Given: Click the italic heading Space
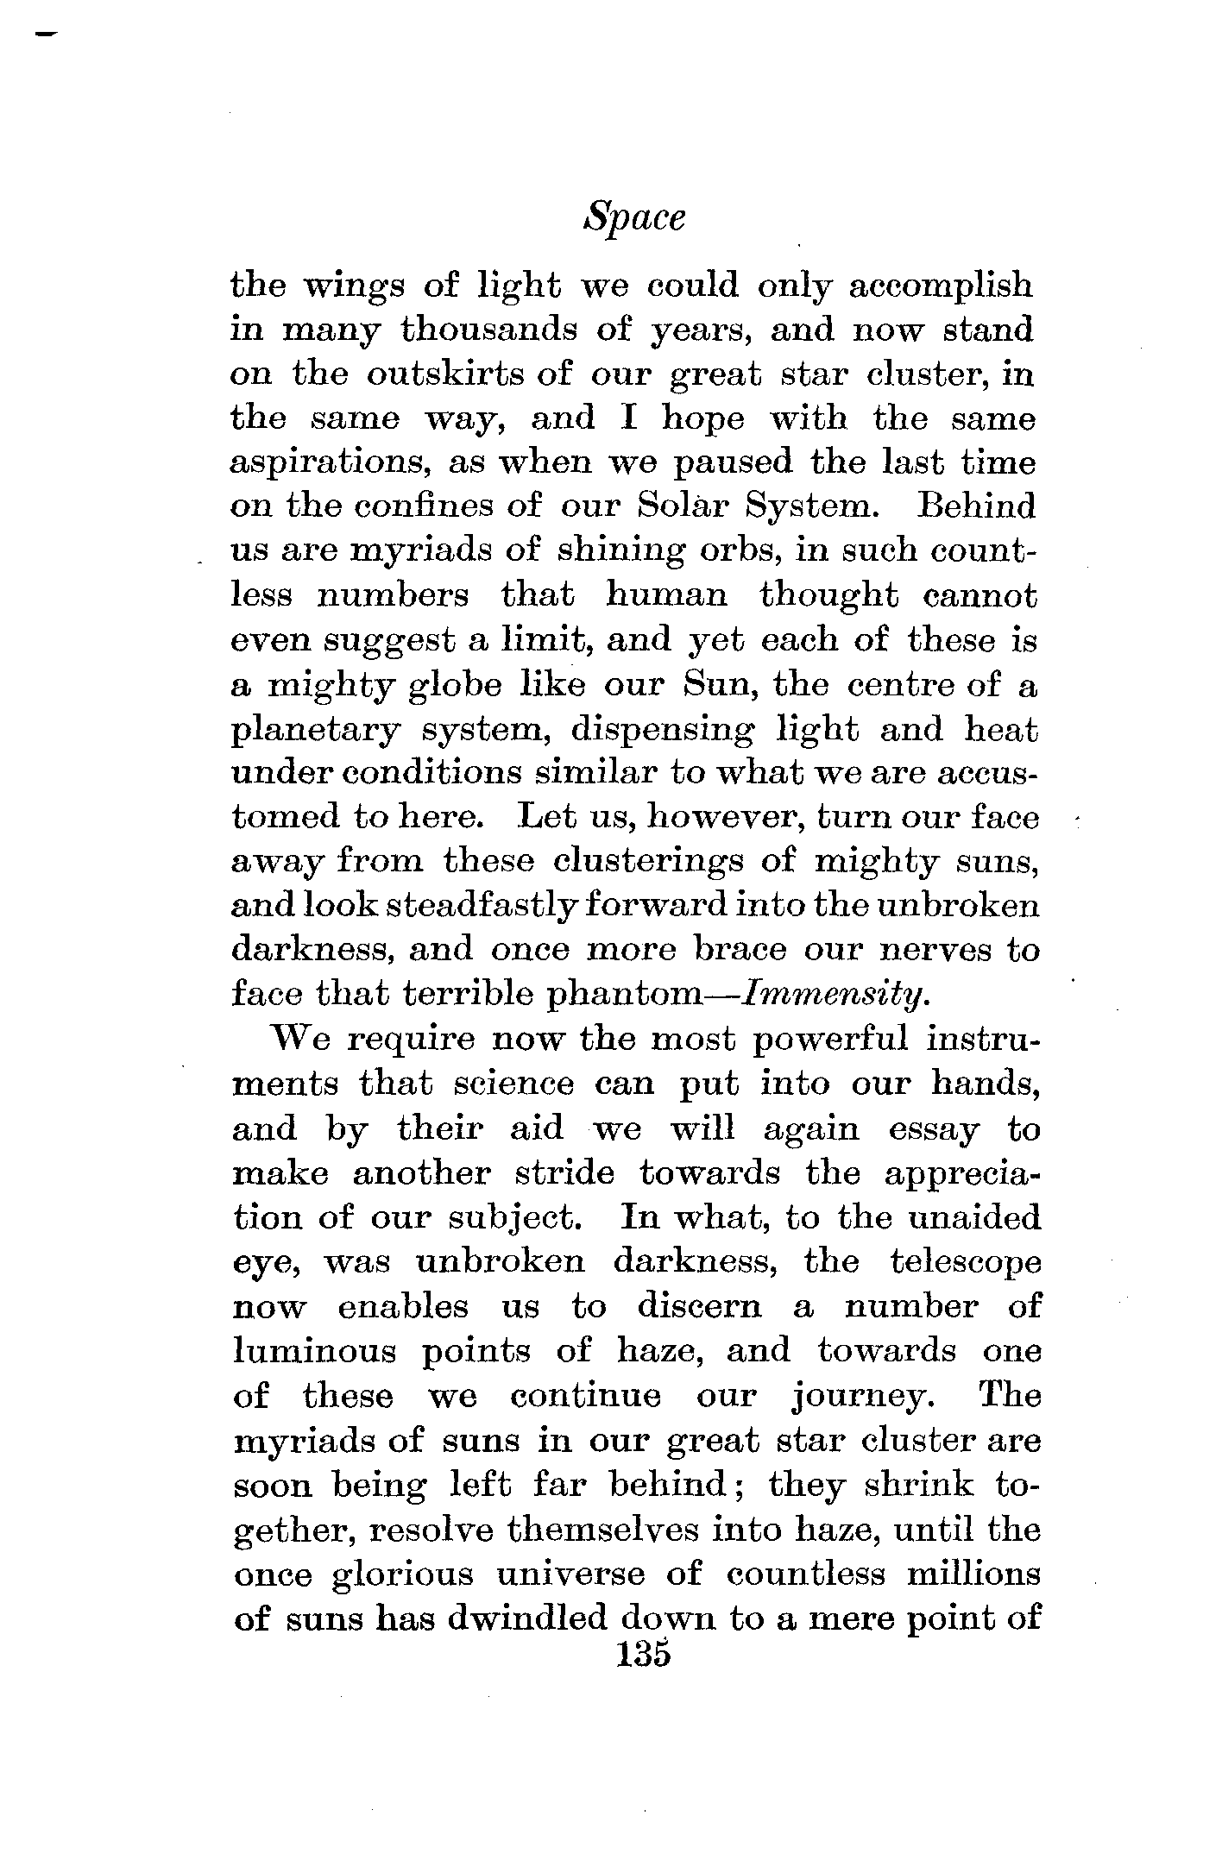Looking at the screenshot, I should pos(634,218).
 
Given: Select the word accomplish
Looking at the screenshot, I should pos(940,286).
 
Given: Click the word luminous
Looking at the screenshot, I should pos(314,1349).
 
